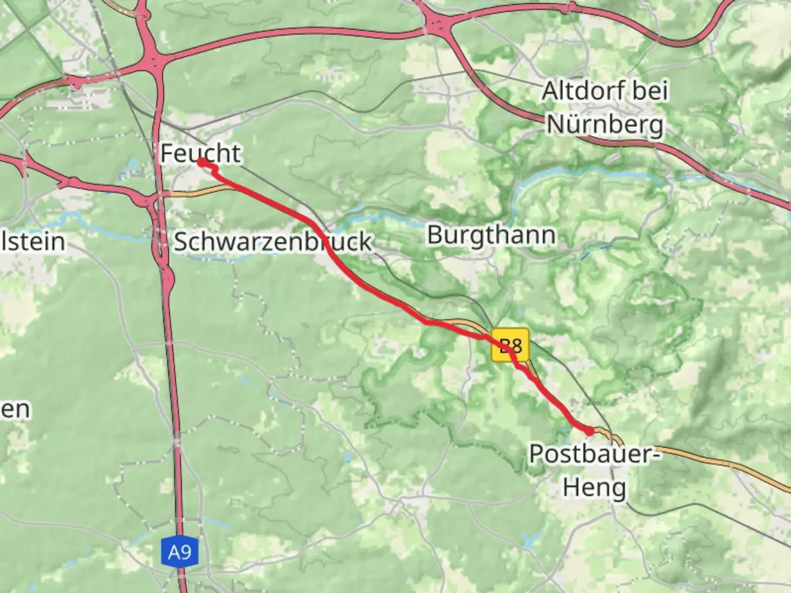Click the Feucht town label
click(x=200, y=153)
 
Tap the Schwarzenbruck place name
click(x=273, y=242)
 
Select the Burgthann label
click(x=491, y=235)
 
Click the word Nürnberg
click(x=605, y=125)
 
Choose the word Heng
click(x=594, y=487)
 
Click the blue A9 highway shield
click(x=180, y=551)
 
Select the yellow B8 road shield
click(x=510, y=345)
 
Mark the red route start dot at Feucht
click(x=202, y=162)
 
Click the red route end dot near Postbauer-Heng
click(x=590, y=432)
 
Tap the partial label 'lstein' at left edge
click(x=33, y=242)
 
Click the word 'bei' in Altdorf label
click(x=650, y=91)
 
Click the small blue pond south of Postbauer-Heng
click(x=529, y=540)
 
